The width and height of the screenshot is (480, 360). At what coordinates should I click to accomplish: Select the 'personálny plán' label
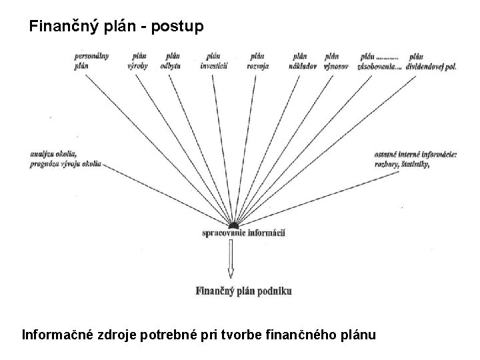tap(91, 61)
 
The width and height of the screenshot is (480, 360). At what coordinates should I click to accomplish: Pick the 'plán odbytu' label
tap(172, 61)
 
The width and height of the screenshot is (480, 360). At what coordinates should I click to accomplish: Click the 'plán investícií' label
tap(214, 61)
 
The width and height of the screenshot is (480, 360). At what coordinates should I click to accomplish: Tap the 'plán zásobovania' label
tap(379, 61)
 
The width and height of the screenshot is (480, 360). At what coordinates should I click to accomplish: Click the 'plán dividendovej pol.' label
tap(425, 61)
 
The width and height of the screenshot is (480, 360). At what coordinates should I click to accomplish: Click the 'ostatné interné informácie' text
tap(416, 154)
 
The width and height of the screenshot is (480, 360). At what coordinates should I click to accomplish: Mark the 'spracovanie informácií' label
tap(243, 233)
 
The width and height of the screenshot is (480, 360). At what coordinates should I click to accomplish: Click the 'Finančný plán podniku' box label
tap(243, 290)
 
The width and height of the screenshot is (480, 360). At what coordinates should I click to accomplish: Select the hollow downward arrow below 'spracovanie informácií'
tap(231, 260)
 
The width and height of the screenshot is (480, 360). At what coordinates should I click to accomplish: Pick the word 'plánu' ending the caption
tap(357, 333)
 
